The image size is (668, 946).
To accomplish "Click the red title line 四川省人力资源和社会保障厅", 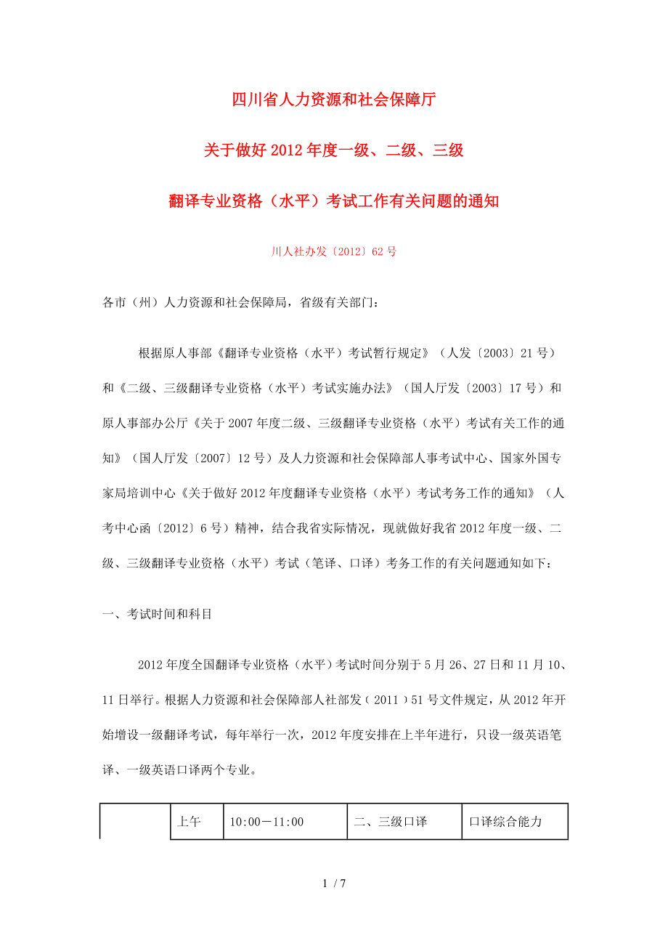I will pyautogui.click(x=333, y=100).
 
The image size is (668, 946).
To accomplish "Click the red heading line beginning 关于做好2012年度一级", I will pyautogui.click(x=333, y=151).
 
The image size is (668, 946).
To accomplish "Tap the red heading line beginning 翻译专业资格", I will pyautogui.click(x=333, y=201).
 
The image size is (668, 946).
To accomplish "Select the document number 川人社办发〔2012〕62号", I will pyautogui.click(x=333, y=252).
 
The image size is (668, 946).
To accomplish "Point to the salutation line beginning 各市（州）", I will pyautogui.click(x=240, y=302).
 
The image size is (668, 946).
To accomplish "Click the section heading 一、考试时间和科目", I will pyautogui.click(x=158, y=614).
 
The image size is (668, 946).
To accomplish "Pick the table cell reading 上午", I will pyautogui.click(x=189, y=822).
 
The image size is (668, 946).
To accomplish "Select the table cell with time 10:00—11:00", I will pyautogui.click(x=266, y=822).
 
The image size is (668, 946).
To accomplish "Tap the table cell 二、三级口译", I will pyautogui.click(x=390, y=822).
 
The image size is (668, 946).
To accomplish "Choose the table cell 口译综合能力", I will pyautogui.click(x=505, y=822).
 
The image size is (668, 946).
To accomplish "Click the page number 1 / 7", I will pyautogui.click(x=333, y=884).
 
